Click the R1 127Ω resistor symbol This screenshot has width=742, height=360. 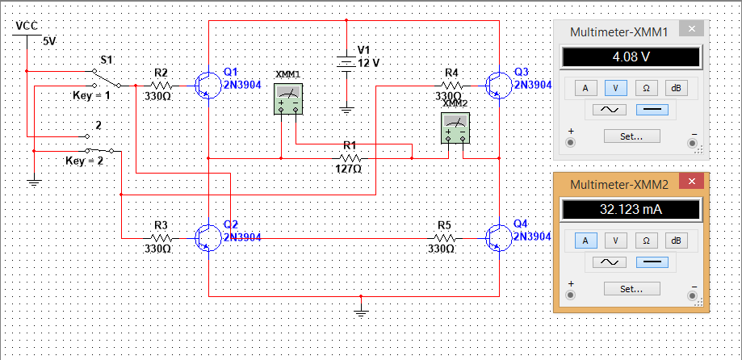coord(351,158)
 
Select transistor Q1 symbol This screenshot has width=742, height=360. coord(208,86)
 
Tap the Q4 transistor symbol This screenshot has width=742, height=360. coord(499,238)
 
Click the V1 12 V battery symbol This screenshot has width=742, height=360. coord(346,64)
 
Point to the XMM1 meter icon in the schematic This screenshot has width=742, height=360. coord(288,99)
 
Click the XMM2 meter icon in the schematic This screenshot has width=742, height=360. coord(455,128)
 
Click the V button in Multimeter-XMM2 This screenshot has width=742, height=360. coord(616,241)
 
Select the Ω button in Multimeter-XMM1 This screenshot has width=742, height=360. coord(646,87)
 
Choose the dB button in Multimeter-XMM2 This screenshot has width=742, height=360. coord(677,241)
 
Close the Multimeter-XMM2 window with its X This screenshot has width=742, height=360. coord(692,181)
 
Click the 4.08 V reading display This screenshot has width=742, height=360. coord(631,57)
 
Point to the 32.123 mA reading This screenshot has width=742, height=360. coord(631,210)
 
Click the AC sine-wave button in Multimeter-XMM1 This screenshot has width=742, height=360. coord(609,110)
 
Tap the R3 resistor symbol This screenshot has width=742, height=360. coord(161,238)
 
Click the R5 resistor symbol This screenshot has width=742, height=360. coord(445,238)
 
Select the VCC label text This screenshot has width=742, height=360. coord(27,26)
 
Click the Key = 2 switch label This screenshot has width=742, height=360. coord(85,161)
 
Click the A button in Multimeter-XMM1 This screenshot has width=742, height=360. coord(585,87)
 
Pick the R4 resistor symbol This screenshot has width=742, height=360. coord(453,86)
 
